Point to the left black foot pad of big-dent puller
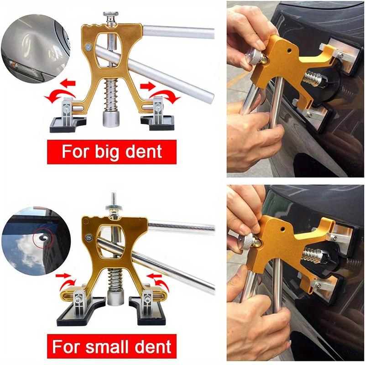coord(70,122)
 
